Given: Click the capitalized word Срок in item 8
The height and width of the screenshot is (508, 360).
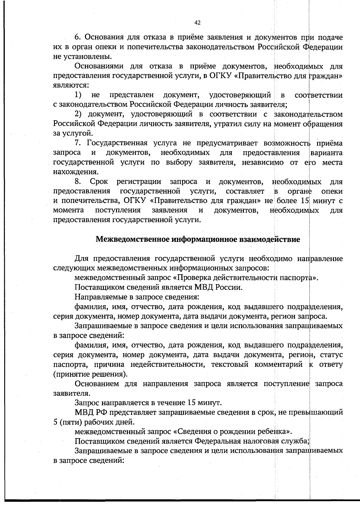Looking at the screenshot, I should [99, 182].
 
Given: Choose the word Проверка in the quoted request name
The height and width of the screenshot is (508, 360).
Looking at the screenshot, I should [193, 278].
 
